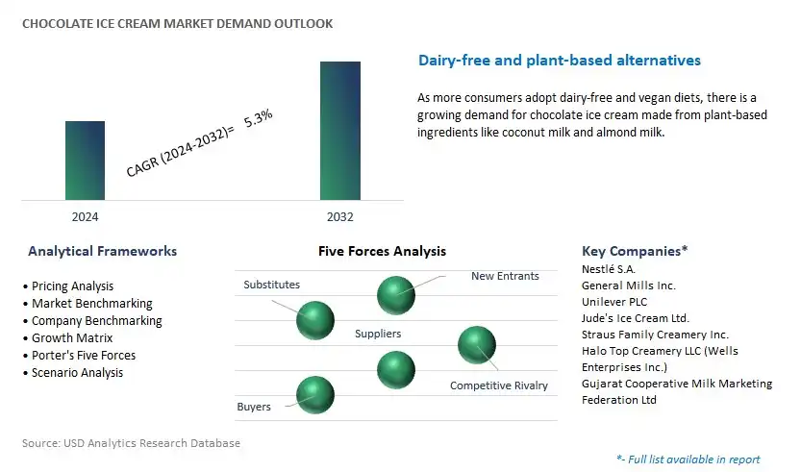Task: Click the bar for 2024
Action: click(x=85, y=160)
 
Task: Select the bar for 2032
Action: click(x=340, y=131)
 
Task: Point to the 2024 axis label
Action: click(x=85, y=217)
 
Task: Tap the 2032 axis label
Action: click(x=339, y=217)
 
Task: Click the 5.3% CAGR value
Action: click(x=259, y=122)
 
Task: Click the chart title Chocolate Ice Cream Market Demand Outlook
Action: click(x=177, y=24)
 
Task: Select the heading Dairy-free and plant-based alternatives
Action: click(x=560, y=61)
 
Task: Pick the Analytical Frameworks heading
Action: click(x=102, y=251)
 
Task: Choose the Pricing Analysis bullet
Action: click(x=72, y=286)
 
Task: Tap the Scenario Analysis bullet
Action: click(x=77, y=372)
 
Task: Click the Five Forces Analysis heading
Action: click(x=382, y=251)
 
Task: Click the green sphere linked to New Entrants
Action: click(x=395, y=294)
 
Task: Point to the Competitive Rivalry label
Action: click(x=498, y=385)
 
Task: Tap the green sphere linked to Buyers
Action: click(x=314, y=394)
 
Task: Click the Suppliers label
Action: click(x=378, y=334)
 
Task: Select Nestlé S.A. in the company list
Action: click(x=609, y=269)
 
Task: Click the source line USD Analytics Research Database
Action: click(x=131, y=443)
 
